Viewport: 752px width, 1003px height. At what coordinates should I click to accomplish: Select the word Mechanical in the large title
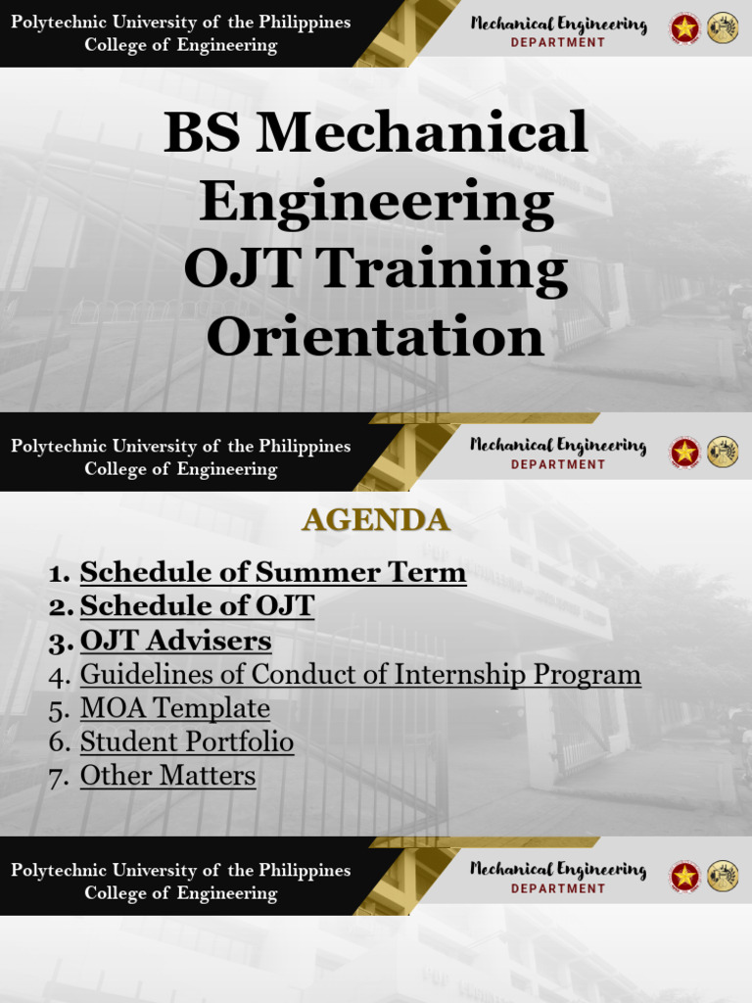tap(422, 132)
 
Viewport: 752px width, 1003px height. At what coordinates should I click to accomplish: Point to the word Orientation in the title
tap(375, 337)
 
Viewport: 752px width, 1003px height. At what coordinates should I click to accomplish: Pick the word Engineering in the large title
tap(376, 203)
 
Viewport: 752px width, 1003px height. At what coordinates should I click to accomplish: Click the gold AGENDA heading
tap(376, 520)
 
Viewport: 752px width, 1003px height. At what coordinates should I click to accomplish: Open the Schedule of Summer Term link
tap(272, 572)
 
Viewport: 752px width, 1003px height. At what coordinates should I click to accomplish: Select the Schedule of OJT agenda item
tap(197, 606)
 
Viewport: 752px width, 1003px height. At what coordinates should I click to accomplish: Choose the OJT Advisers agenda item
tap(175, 641)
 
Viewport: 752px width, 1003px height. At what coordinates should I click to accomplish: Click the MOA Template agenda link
tap(174, 708)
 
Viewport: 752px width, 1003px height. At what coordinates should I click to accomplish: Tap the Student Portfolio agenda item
tap(186, 742)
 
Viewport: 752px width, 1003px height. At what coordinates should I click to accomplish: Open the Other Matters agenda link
tap(167, 776)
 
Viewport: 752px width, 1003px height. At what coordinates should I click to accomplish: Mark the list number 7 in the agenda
tap(59, 777)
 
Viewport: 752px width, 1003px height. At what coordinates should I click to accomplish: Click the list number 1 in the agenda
tap(59, 573)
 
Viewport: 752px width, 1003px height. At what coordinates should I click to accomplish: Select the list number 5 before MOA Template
tap(59, 709)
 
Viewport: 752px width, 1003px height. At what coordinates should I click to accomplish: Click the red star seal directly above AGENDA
tap(684, 453)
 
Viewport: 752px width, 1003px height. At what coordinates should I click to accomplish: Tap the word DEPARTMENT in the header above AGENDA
tap(558, 465)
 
